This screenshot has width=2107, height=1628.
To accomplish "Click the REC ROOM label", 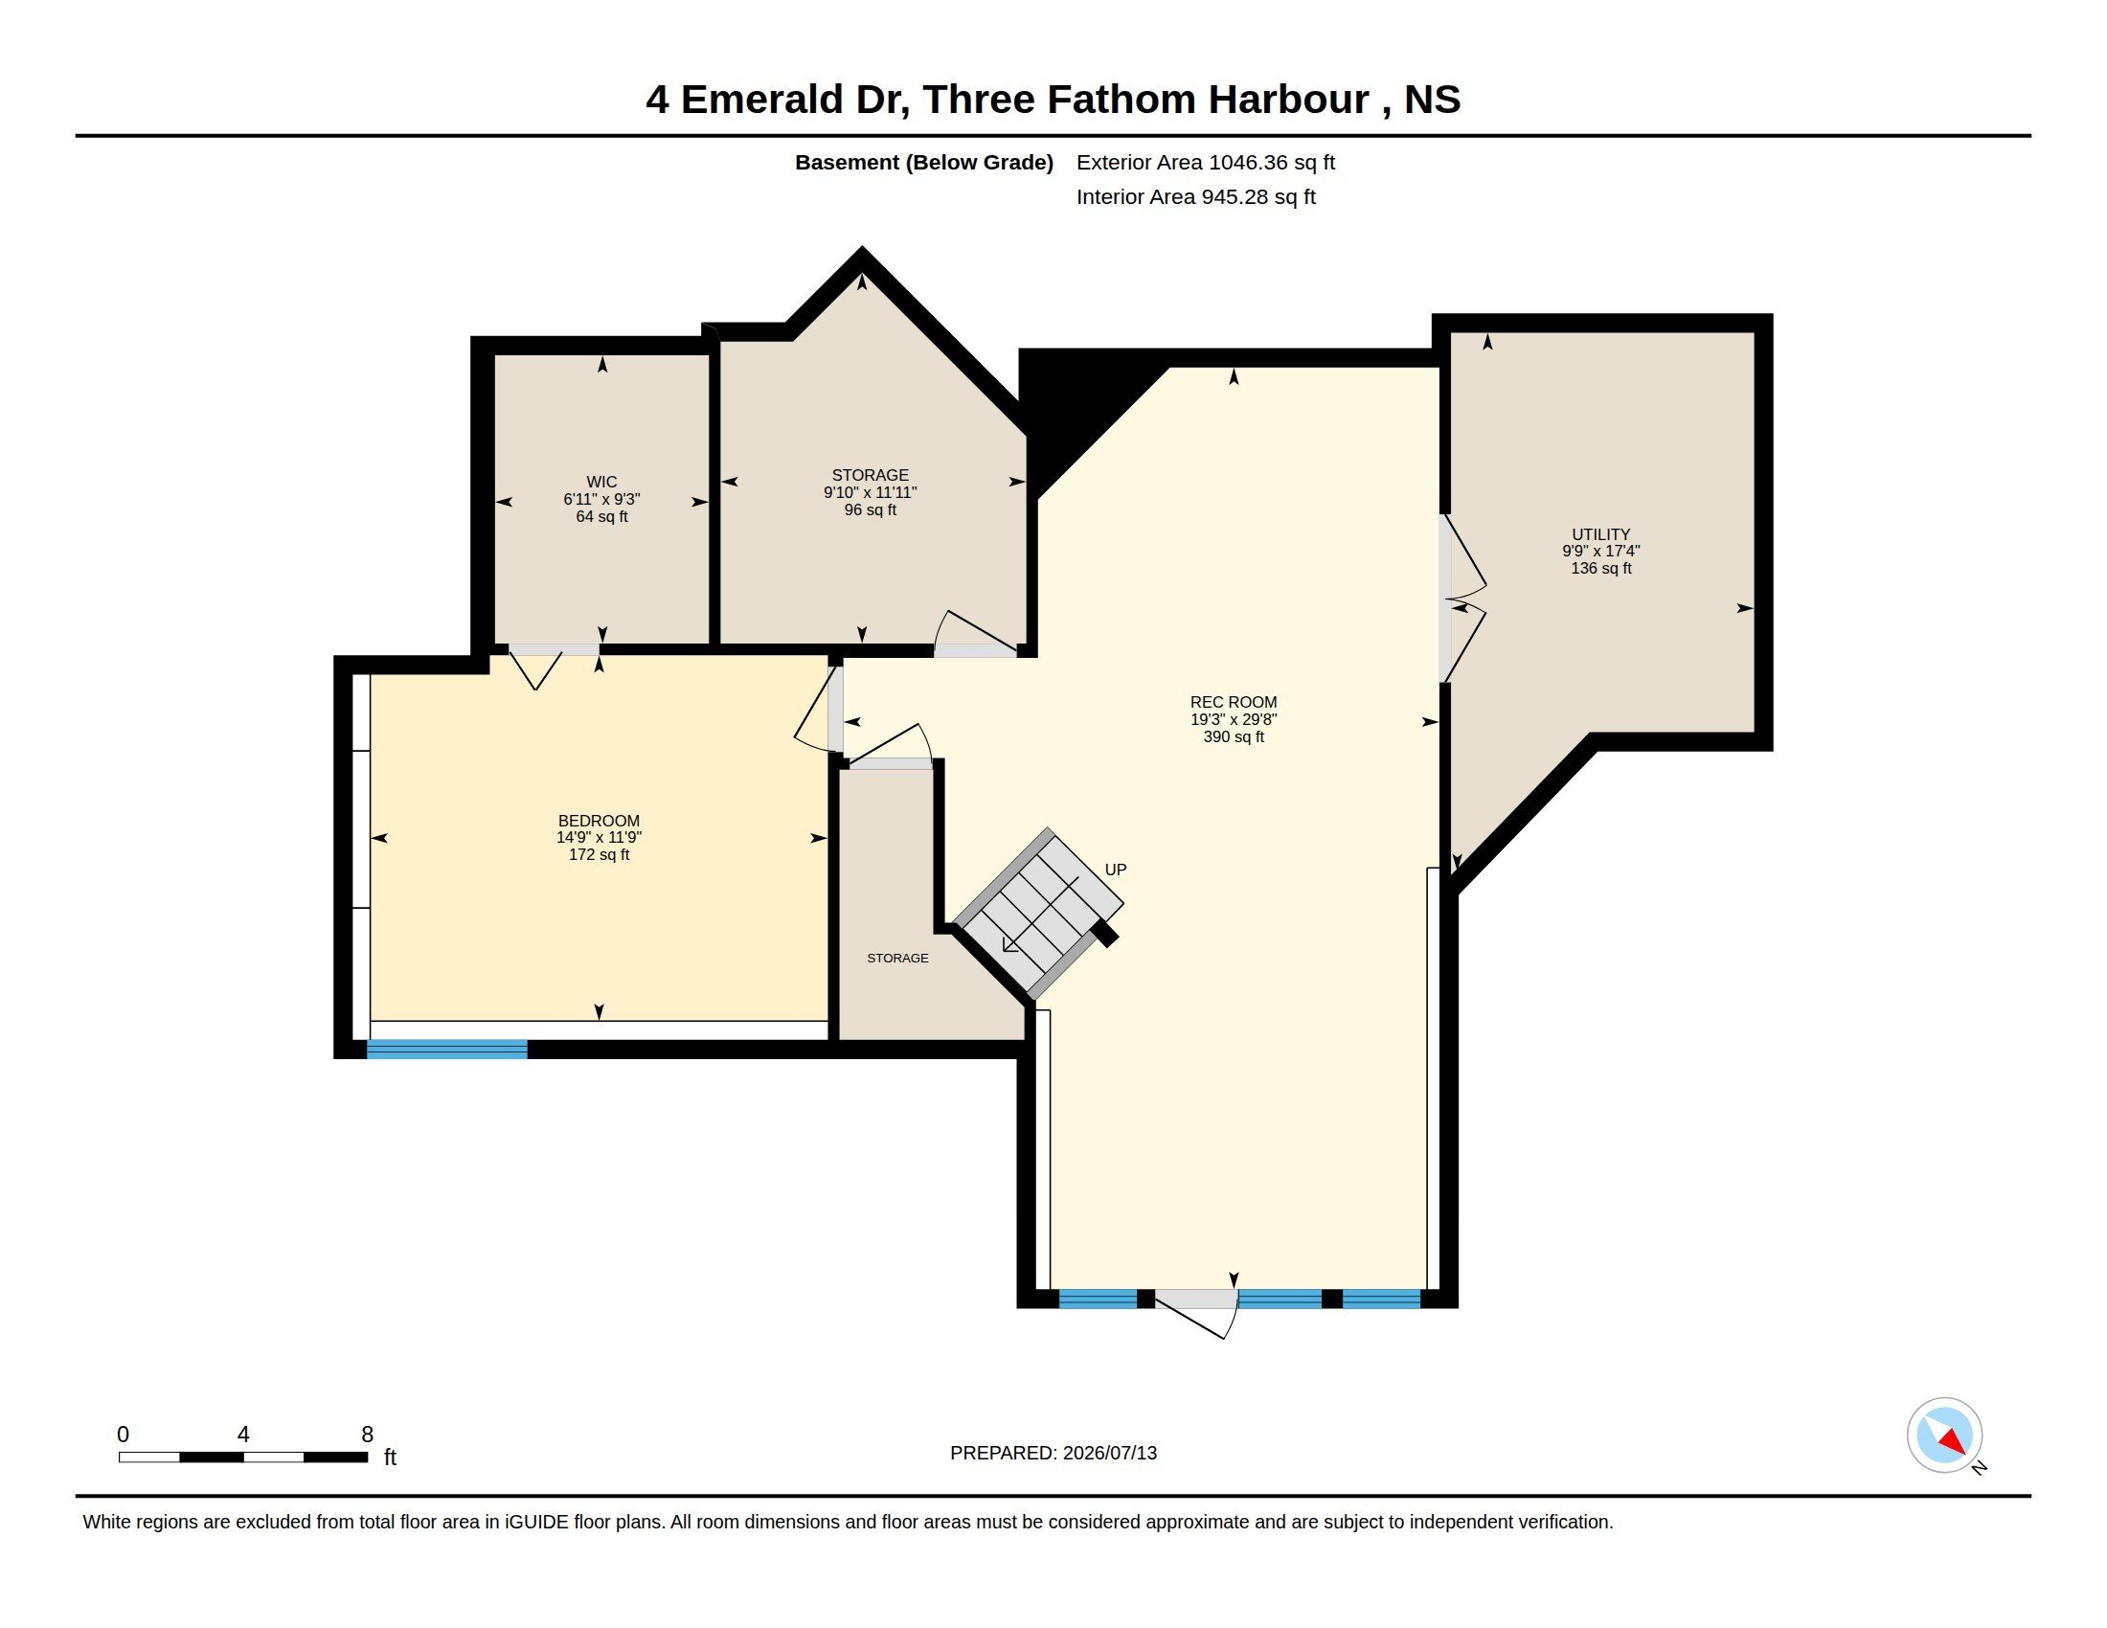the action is (1233, 702).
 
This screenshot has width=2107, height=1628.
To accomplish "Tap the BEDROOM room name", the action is (599, 821).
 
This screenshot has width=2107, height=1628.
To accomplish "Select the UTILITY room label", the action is (1600, 534).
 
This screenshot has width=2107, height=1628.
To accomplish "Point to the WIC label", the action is (601, 483).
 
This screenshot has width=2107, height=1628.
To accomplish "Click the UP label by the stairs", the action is (1115, 870).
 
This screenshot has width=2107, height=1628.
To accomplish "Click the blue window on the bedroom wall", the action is (446, 1050).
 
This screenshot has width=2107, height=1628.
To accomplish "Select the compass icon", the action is (1944, 1436).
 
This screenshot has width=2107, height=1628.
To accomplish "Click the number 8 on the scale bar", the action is (367, 1435).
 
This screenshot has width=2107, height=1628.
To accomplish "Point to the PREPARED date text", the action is (1053, 1453).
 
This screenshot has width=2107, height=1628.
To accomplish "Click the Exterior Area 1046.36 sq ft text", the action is (1205, 162).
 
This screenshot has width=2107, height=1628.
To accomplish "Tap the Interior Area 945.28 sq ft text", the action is (1195, 196).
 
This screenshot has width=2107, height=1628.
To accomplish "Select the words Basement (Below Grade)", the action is (923, 162).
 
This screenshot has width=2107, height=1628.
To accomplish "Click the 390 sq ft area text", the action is (1233, 736).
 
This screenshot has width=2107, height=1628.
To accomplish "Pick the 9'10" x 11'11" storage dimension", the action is (870, 493).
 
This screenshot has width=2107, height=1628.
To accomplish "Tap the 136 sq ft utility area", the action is (1600, 568).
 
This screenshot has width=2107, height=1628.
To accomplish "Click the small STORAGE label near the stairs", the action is (897, 958).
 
